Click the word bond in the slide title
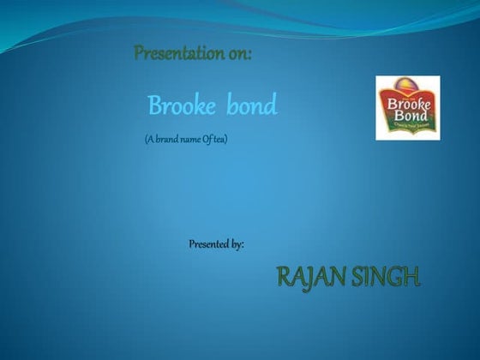click(252, 107)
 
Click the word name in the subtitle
click(190, 140)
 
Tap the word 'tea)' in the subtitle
click(220, 140)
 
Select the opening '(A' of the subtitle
click(150, 140)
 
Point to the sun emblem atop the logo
click(408, 86)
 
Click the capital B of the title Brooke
click(155, 107)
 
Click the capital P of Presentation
click(139, 54)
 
